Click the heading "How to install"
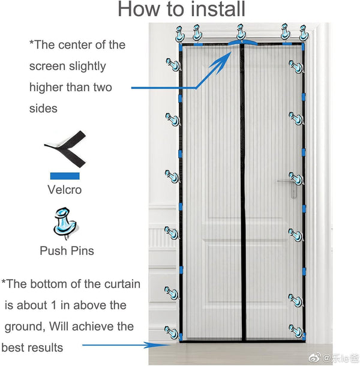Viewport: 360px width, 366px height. [x=181, y=10]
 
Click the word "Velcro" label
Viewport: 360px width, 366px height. [x=64, y=190]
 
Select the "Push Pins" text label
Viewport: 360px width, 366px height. [x=66, y=251]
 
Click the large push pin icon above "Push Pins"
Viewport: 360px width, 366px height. [x=64, y=223]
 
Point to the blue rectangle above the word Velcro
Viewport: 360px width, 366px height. [x=64, y=175]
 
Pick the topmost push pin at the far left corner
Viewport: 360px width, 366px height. [x=179, y=32]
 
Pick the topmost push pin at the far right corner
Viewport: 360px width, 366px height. [x=304, y=32]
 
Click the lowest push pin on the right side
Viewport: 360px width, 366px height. [x=296, y=331]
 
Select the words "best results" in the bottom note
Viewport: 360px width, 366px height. [x=32, y=347]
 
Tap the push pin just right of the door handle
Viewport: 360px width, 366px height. [x=296, y=178]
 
